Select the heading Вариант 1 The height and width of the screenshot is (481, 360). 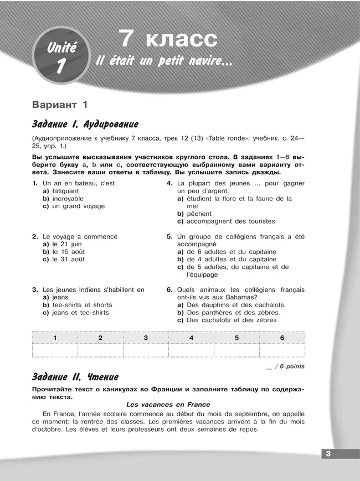click(60, 104)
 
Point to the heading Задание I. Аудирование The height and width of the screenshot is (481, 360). click(85, 124)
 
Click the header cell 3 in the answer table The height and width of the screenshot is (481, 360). click(146, 338)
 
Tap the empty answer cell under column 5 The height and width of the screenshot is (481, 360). click(236, 350)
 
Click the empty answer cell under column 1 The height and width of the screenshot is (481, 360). click(55, 350)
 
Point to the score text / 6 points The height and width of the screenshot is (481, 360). click(287, 366)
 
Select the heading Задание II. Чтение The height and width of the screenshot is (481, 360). click(75, 377)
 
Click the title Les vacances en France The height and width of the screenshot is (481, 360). click(168, 405)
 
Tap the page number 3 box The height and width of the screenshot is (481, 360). click(328, 454)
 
